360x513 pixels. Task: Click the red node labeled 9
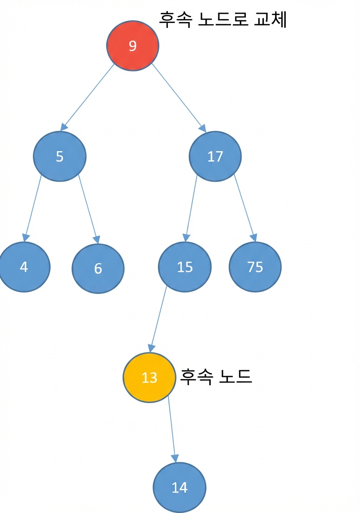tap(132, 45)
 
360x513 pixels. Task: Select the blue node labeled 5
tap(60, 157)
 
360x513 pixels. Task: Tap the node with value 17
tap(215, 157)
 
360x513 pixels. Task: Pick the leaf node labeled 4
tap(24, 267)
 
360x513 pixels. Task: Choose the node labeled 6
tap(98, 269)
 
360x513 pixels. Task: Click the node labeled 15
tap(185, 267)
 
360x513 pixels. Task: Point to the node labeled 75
tap(255, 267)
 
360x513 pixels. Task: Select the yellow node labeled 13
tap(150, 377)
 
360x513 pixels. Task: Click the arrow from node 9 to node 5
tap(87, 97)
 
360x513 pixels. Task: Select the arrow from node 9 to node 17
tap(179, 98)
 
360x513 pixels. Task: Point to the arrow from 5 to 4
tap(32, 208)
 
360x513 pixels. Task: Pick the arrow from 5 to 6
tap(89, 209)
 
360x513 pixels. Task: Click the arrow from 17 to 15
tap(191, 209)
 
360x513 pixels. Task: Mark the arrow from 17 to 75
tap(245, 208)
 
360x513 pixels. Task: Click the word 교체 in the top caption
tap(271, 20)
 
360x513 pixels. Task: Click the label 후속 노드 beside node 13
tap(216, 377)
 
